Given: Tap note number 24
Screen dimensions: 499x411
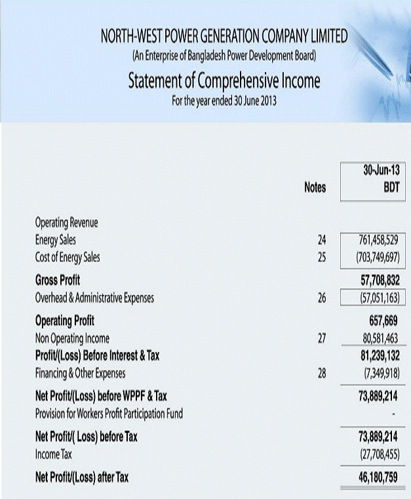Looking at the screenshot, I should click(321, 240).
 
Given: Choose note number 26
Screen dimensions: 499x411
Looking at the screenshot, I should click(321, 298).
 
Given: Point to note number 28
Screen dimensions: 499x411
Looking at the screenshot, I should click(321, 373).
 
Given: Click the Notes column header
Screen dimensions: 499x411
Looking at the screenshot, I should click(315, 188).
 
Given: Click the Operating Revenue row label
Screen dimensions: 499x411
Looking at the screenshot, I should click(66, 223).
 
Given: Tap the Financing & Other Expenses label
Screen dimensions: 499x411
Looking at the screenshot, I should click(80, 373).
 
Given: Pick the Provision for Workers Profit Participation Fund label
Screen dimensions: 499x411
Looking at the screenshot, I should click(109, 413).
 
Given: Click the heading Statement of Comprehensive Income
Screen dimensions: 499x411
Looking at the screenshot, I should click(224, 81).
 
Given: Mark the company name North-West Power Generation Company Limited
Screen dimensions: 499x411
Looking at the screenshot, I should click(224, 36).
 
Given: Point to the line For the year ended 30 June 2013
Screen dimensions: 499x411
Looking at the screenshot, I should click(224, 101).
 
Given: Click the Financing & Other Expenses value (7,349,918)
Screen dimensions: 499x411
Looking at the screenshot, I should click(380, 373).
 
